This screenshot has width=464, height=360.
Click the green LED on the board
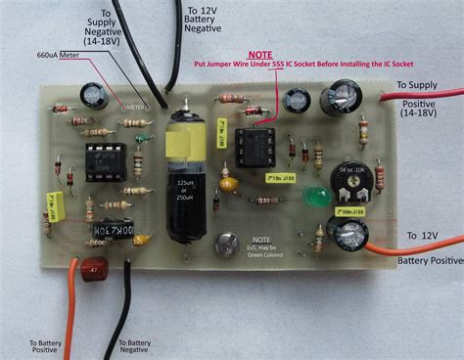point(315,196)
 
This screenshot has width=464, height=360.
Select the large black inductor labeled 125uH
point(186,196)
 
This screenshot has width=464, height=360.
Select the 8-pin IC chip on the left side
point(100,161)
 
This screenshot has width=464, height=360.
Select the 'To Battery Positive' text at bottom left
point(46,344)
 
